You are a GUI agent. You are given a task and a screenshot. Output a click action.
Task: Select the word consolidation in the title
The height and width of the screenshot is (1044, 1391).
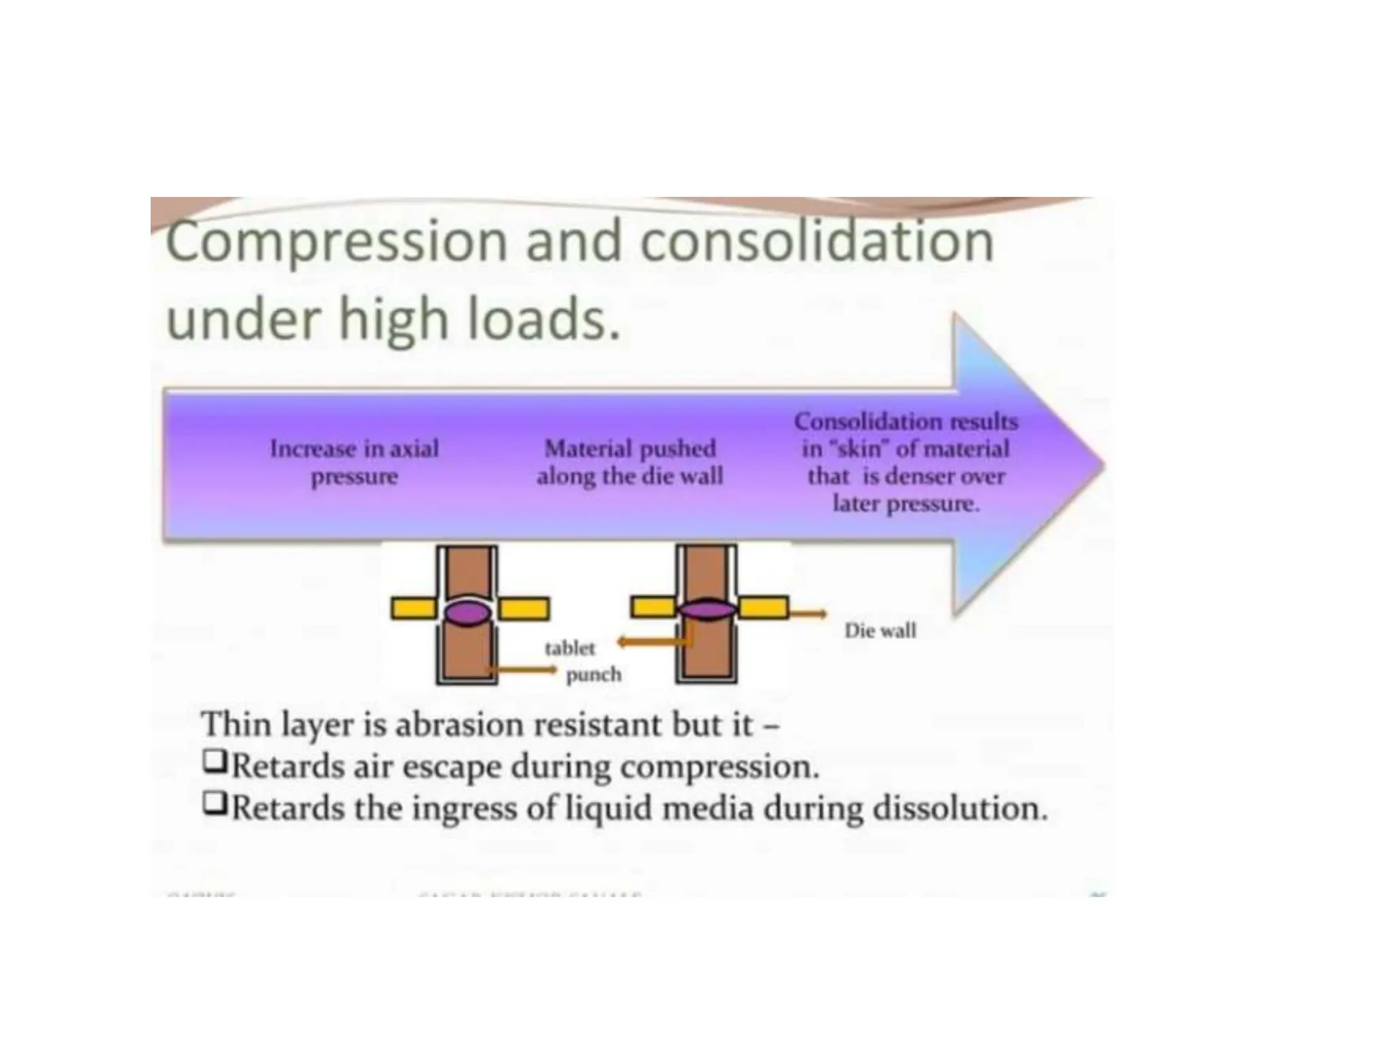[x=817, y=241]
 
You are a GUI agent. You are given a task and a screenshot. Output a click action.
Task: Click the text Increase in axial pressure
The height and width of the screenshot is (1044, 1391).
[x=355, y=462]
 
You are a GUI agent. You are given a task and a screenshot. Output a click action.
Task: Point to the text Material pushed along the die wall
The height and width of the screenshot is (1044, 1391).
[x=630, y=462]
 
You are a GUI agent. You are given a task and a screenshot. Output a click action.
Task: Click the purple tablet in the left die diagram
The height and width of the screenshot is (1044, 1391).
[x=467, y=612]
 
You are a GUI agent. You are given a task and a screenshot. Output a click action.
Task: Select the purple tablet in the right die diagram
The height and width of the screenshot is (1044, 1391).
[x=707, y=609]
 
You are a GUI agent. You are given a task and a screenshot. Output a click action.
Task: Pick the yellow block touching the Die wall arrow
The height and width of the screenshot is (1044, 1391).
[x=763, y=607]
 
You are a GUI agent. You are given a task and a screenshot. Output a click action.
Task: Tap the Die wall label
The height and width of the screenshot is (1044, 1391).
[x=880, y=631]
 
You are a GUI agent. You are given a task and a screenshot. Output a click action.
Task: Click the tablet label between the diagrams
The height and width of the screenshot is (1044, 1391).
[x=569, y=648]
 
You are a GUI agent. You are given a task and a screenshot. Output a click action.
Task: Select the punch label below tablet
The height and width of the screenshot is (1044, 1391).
[x=594, y=675]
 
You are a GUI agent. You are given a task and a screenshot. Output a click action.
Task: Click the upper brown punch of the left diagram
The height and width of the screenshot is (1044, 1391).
[x=467, y=572]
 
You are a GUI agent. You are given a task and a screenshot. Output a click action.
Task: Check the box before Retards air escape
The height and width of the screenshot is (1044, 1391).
[x=215, y=762]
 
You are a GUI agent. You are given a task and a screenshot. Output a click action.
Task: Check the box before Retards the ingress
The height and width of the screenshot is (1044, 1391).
[x=215, y=804]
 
